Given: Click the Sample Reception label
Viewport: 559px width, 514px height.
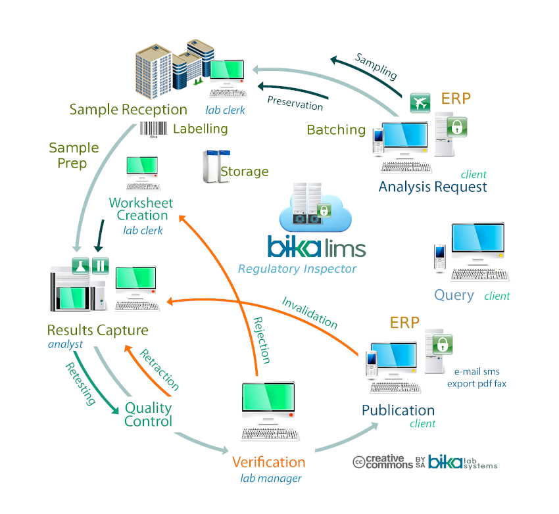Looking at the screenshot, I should click(x=128, y=110).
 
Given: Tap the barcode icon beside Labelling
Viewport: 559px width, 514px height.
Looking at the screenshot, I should click(x=153, y=129).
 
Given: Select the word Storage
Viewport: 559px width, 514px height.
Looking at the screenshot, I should click(x=244, y=172).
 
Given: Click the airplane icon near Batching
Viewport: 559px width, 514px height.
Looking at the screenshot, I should click(x=420, y=103).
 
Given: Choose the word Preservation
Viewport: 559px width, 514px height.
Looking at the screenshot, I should click(x=295, y=103).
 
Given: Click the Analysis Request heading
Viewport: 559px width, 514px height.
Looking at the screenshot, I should click(x=433, y=187).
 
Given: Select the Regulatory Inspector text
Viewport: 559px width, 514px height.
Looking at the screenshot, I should click(x=297, y=269).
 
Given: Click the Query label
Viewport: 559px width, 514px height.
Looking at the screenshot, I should click(x=454, y=295).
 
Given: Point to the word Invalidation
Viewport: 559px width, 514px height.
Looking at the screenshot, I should click(x=310, y=313).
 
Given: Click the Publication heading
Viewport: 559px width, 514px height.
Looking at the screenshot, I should click(x=398, y=411).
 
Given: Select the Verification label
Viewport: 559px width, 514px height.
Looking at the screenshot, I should click(x=268, y=463).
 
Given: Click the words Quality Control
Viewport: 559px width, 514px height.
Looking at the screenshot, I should click(x=148, y=415).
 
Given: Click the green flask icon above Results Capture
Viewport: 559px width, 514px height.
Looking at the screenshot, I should click(x=80, y=266).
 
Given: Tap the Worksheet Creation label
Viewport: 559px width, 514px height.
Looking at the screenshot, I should click(x=138, y=209).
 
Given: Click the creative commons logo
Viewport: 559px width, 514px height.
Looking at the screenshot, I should click(x=383, y=462).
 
